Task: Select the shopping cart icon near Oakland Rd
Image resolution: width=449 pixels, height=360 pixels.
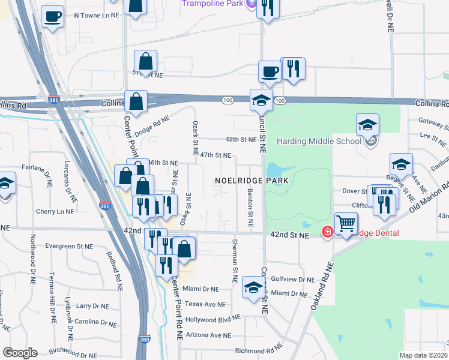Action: tap(347, 224)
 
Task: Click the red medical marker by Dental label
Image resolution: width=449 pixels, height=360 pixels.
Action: tap(328, 232)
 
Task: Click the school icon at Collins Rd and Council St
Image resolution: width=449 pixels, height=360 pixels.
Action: tap(261, 100)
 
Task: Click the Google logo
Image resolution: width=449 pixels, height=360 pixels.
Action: tap(20, 353)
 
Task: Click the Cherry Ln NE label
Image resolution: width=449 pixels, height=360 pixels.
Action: tap(54, 211)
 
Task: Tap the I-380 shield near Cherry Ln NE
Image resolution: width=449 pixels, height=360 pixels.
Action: tap(105, 206)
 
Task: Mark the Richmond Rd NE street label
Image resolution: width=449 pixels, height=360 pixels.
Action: tap(258, 350)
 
